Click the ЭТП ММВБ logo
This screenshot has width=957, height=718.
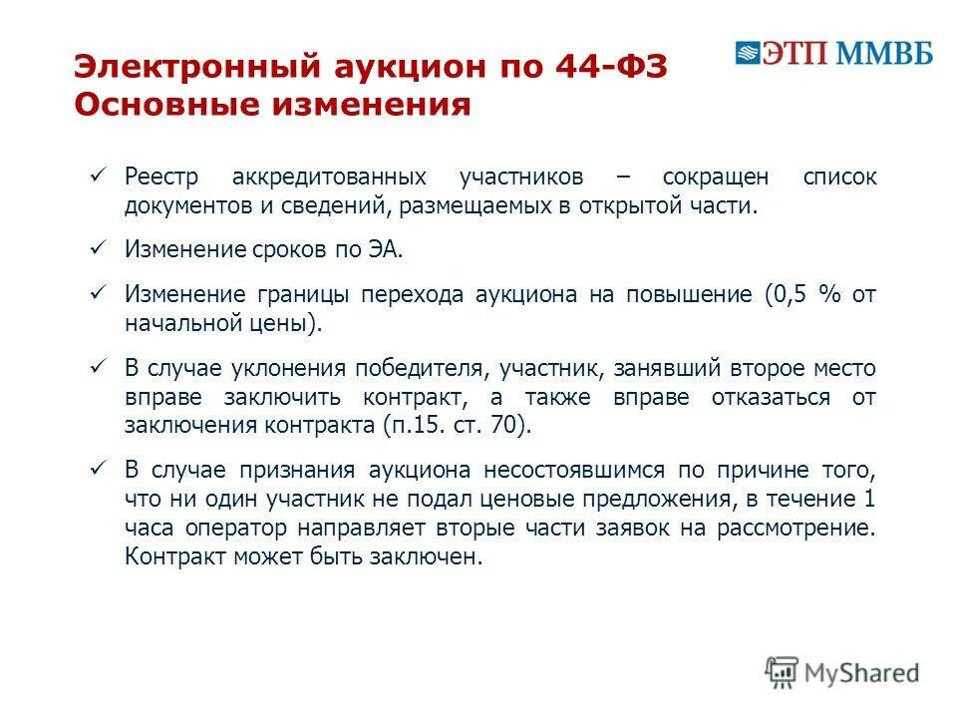[x=833, y=53]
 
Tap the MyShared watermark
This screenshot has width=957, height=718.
[x=842, y=673]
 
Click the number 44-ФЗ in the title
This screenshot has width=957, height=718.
[x=613, y=67]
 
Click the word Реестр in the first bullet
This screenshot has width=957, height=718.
[x=161, y=178]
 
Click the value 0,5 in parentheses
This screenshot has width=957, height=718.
[x=789, y=295]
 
